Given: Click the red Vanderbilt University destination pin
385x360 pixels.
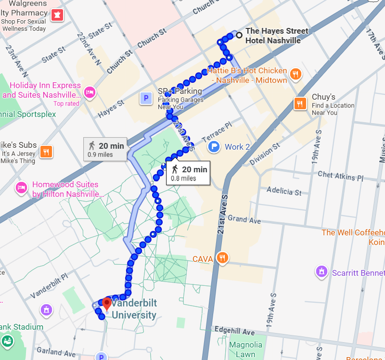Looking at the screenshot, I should click(x=107, y=304).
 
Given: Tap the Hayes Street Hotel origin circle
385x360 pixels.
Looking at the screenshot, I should click(x=239, y=34).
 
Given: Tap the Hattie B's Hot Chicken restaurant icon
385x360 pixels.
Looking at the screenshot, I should click(x=295, y=74).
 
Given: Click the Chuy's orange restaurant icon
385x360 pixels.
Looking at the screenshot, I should click(x=300, y=103).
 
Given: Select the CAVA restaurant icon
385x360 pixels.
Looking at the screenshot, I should click(x=222, y=258).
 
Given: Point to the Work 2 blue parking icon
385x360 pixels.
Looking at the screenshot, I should click(x=215, y=146).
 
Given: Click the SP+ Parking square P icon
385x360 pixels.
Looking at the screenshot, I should click(x=145, y=99).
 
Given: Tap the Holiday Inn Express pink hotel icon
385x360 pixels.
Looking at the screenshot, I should click(x=89, y=91).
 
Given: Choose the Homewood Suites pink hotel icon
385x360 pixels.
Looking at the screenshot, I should click(x=21, y=187).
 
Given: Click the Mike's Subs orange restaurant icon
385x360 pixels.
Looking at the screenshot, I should click(x=46, y=151).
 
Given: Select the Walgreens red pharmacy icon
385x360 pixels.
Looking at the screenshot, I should click(x=58, y=15).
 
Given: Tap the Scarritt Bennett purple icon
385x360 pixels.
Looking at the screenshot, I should click(x=321, y=272).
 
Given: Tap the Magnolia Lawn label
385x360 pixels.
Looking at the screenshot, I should click(x=245, y=349).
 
